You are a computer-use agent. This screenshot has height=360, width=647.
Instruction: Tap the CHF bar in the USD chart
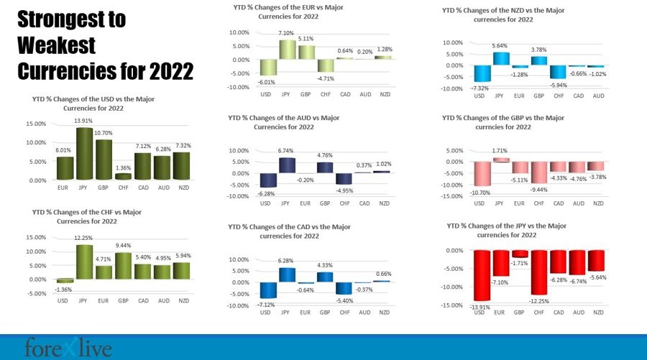(123, 176)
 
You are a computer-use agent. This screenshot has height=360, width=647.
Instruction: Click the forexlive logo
(68, 348)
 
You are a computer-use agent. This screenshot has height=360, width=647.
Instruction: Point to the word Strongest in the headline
(71, 19)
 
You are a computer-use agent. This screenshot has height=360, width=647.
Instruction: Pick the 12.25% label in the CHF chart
(85, 239)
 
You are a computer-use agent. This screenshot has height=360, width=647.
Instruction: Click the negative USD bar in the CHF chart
(65, 281)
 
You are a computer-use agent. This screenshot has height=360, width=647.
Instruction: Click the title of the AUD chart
(283, 121)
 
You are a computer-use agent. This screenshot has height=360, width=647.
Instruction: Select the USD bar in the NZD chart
(482, 73)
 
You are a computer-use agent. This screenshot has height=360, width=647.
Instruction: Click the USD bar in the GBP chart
(482, 173)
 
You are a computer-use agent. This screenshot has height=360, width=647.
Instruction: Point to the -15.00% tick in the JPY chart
(453, 305)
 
